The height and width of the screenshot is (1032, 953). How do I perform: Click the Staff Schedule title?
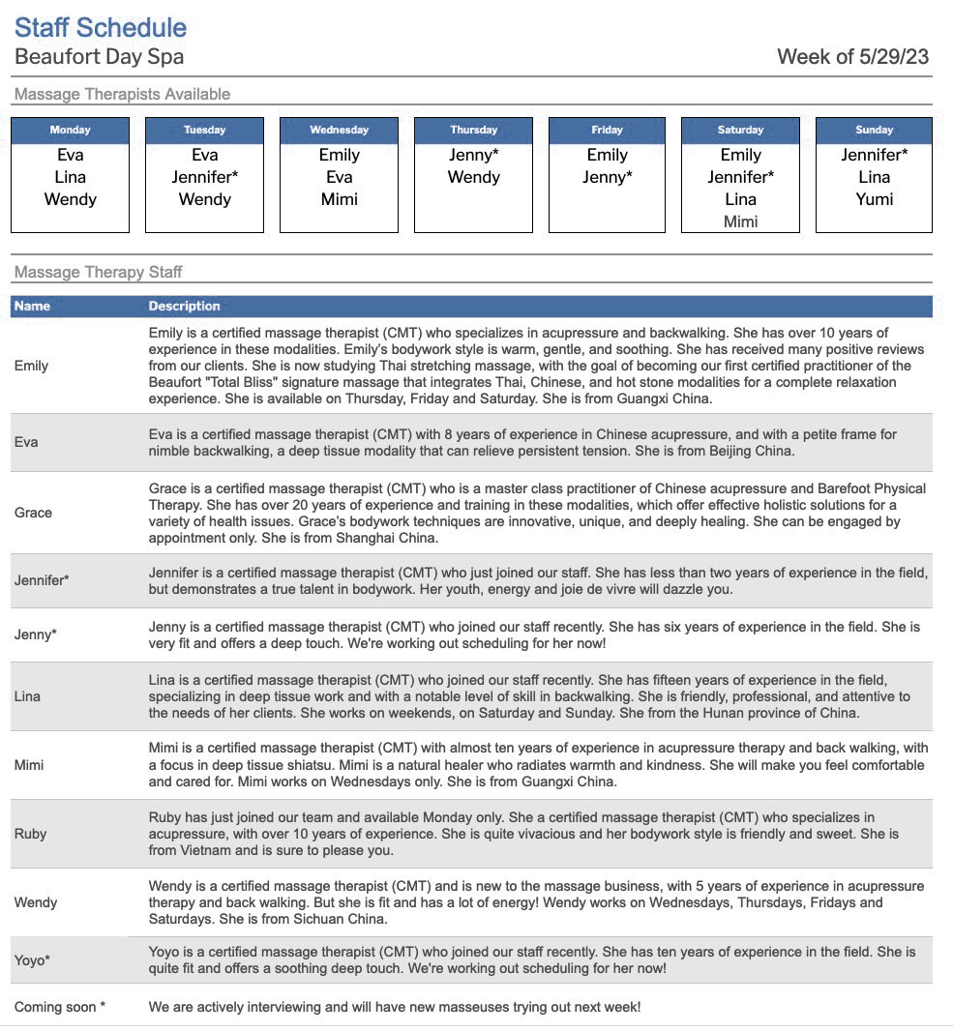click(x=101, y=27)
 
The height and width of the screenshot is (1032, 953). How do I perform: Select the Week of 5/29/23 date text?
click(x=852, y=56)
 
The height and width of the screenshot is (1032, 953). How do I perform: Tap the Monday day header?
click(x=70, y=130)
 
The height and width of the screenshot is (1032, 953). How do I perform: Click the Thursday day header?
click(x=473, y=130)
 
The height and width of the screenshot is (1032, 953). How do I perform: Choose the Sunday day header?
click(x=874, y=130)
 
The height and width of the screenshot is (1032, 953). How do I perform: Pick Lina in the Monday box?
click(x=70, y=177)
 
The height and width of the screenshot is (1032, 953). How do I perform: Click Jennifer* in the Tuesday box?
click(x=204, y=177)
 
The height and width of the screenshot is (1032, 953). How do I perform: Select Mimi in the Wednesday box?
click(x=339, y=199)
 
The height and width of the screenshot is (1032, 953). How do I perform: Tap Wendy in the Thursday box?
click(x=473, y=177)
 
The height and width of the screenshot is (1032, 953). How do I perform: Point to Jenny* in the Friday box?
click(x=608, y=177)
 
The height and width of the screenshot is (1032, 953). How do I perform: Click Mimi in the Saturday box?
click(x=740, y=221)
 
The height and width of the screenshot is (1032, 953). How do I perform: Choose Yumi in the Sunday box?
click(x=874, y=199)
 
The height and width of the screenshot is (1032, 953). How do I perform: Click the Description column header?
click(x=184, y=306)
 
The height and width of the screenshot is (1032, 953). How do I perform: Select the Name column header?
click(x=32, y=306)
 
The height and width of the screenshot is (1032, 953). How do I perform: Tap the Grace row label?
click(x=33, y=513)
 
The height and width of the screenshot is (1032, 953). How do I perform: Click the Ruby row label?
click(x=30, y=834)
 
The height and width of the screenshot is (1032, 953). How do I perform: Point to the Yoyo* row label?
click(x=32, y=960)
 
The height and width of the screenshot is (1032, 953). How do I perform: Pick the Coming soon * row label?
click(x=60, y=1007)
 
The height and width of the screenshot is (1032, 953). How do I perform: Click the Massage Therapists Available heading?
click(x=122, y=94)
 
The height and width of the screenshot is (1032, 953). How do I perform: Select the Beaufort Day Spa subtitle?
click(x=99, y=57)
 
